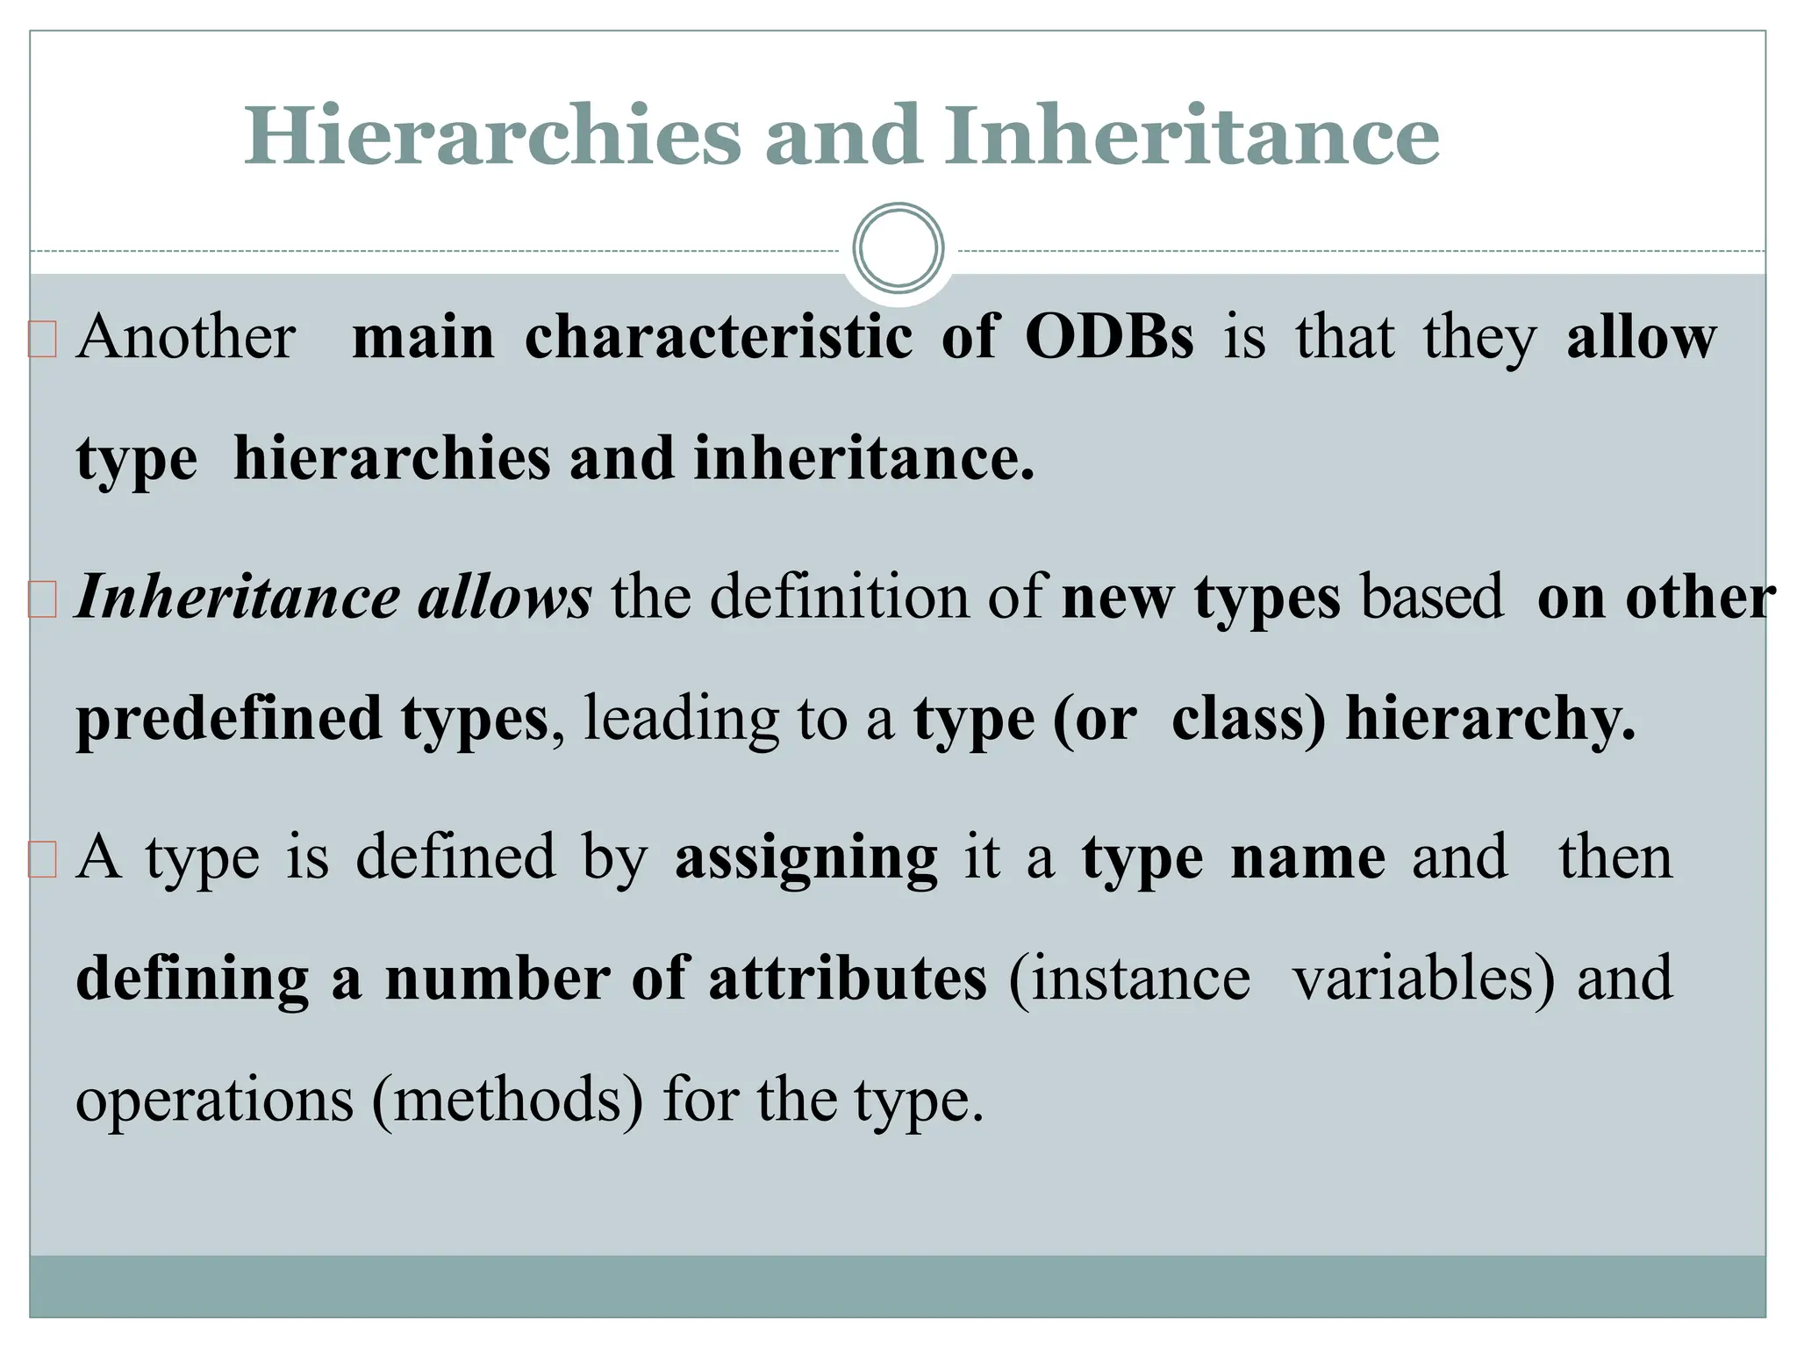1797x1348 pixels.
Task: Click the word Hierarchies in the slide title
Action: pos(492,136)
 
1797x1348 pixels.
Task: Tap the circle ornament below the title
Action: pos(898,248)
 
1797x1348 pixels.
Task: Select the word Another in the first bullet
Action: pos(186,338)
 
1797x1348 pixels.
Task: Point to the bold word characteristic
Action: pos(719,338)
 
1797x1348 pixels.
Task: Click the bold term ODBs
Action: pos(1109,338)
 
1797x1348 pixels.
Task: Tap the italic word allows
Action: pos(505,599)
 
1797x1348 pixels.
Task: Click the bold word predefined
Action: pos(229,720)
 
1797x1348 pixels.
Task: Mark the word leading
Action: pos(680,720)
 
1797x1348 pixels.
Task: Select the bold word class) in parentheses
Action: pos(1248,720)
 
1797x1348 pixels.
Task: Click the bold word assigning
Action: pos(805,858)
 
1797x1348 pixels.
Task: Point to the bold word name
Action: pos(1308,858)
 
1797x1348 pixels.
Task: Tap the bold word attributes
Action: pos(848,979)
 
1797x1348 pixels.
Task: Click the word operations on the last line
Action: pos(215,1100)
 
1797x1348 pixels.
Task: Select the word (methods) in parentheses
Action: pos(507,1100)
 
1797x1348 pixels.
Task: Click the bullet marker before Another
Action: pos(42,341)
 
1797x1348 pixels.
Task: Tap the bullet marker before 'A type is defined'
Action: pos(42,860)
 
